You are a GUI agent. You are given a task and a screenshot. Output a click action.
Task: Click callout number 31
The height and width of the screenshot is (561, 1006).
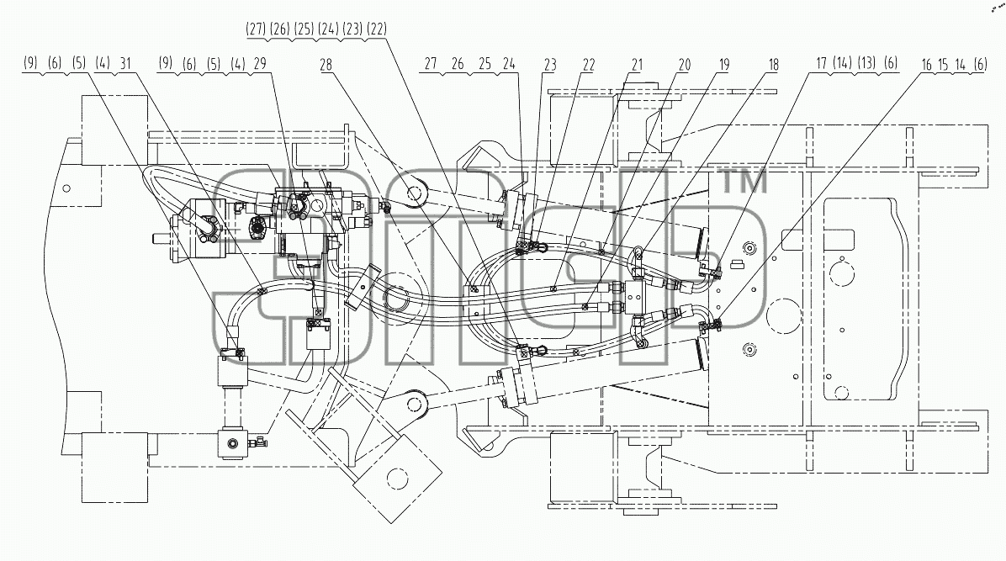(125, 64)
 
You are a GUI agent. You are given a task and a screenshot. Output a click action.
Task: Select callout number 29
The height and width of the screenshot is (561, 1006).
(259, 64)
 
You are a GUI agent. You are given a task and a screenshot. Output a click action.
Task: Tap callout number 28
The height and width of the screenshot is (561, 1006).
(326, 64)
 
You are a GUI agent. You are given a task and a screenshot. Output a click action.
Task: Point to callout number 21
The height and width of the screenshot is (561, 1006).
(637, 64)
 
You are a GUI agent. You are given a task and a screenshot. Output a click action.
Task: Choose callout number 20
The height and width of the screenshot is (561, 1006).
(685, 64)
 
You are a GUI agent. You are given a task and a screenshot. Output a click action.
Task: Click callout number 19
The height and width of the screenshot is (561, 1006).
(724, 64)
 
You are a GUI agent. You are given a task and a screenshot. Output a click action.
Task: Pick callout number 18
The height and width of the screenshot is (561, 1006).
(773, 64)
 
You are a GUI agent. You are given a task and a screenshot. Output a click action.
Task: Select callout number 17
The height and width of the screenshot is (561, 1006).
(821, 63)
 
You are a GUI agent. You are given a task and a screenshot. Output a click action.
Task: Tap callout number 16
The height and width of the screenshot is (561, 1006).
(926, 64)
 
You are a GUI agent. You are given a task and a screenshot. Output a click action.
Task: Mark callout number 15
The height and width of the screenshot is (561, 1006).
(942, 64)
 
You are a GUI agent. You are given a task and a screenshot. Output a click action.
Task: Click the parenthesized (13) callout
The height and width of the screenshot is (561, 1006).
(866, 63)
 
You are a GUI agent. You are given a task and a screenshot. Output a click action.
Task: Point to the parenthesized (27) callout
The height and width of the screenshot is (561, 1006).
(256, 29)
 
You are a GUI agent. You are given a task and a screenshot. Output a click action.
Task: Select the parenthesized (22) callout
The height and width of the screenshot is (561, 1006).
(377, 29)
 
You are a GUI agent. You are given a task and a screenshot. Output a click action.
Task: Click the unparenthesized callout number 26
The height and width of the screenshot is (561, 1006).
(458, 64)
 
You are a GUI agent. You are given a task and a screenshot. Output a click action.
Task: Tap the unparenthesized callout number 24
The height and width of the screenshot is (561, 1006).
(509, 64)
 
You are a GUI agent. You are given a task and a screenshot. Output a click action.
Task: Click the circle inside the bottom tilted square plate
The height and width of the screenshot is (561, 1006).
(398, 479)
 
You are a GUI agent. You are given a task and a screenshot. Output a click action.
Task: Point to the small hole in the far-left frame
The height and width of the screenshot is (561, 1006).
(66, 188)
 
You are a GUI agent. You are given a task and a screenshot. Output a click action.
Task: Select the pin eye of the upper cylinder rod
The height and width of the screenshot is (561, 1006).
(417, 193)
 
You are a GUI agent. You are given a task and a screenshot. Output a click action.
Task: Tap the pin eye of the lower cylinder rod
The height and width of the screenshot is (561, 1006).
(417, 403)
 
